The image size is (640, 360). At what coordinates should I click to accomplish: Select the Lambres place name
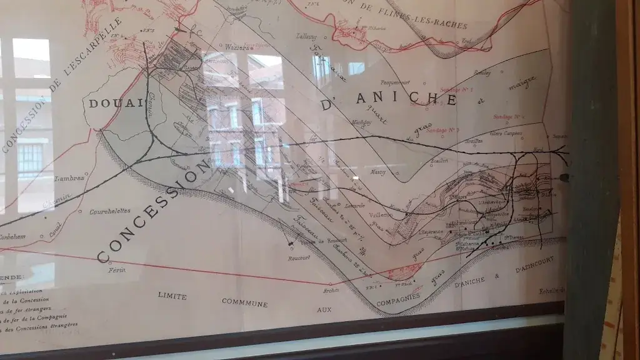[69, 178]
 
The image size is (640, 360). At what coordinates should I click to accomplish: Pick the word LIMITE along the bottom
[172, 295]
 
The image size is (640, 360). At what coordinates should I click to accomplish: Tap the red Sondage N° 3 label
[442, 129]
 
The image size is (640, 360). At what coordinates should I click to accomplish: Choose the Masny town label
[379, 171]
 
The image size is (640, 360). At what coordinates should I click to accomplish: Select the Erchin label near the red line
[331, 289]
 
